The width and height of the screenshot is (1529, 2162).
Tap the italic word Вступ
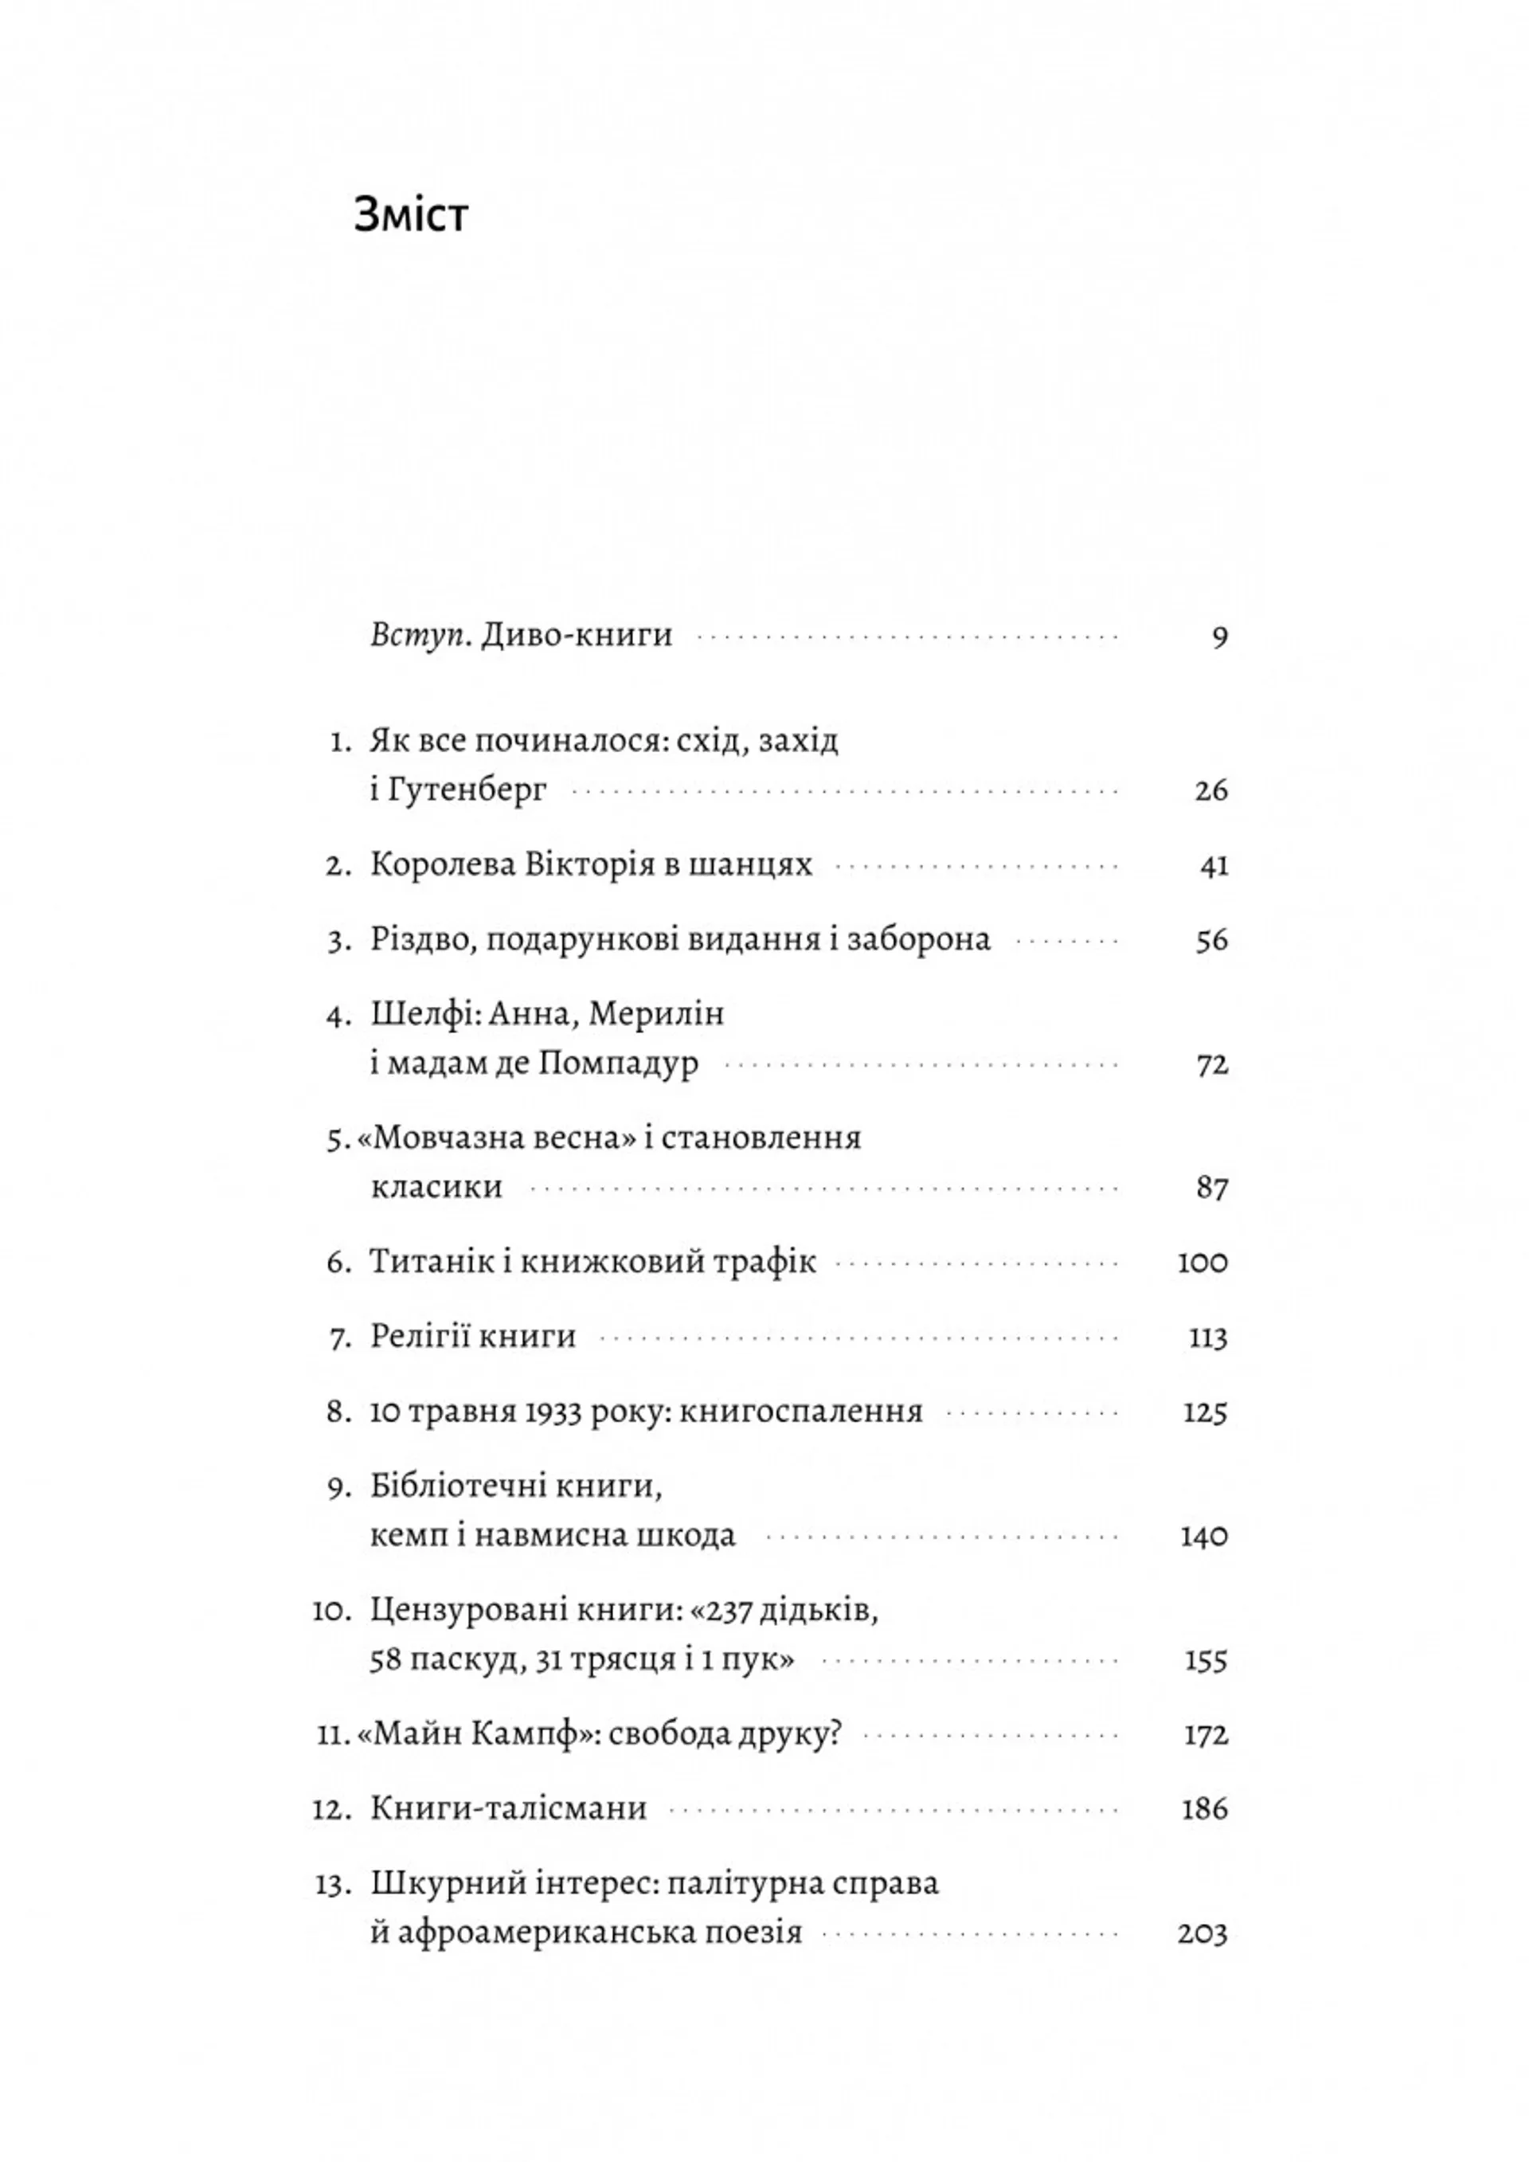point(420,636)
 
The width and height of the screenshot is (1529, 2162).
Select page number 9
point(1219,638)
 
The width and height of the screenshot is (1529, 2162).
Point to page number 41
point(1214,865)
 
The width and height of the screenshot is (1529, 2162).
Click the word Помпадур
point(619,1064)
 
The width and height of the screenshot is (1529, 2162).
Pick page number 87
point(1212,1189)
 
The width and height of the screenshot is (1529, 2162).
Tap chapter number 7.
point(340,1338)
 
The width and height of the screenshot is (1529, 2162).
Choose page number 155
point(1206,1660)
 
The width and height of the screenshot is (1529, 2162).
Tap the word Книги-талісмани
point(508,1810)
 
